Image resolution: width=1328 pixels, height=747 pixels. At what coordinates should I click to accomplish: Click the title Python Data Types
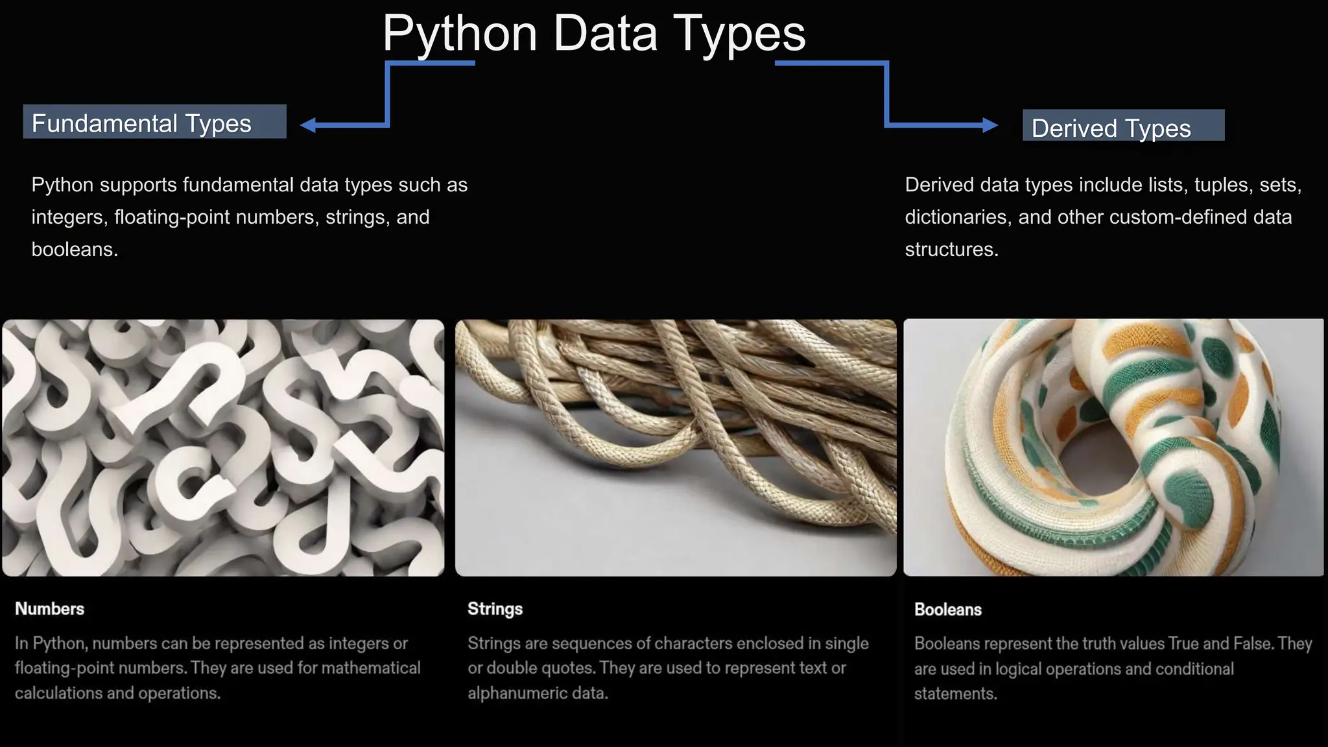tap(593, 34)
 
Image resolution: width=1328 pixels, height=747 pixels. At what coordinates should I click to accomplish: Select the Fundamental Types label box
tap(154, 122)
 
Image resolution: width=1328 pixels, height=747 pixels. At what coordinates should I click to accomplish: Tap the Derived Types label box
tap(1123, 126)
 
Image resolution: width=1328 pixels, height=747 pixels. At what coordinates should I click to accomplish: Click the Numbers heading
tap(49, 609)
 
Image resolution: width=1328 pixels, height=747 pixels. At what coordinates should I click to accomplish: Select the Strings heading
tap(495, 609)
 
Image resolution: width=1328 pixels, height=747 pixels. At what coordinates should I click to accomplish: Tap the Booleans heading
tap(947, 610)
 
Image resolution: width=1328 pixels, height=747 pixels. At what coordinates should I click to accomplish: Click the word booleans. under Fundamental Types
tap(75, 250)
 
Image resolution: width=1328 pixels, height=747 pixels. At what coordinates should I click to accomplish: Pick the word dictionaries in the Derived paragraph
tap(958, 217)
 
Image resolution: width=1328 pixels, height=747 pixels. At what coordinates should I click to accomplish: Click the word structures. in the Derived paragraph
tap(951, 250)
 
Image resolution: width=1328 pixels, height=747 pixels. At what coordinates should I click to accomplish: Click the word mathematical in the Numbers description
tap(372, 668)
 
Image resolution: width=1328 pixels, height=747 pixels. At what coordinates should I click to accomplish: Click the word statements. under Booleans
tap(955, 694)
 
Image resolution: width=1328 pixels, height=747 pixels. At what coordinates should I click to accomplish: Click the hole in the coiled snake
tap(1099, 457)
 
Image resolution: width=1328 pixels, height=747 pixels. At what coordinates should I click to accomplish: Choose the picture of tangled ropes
tap(676, 447)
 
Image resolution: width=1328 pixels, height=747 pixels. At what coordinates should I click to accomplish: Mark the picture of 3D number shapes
tap(223, 447)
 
